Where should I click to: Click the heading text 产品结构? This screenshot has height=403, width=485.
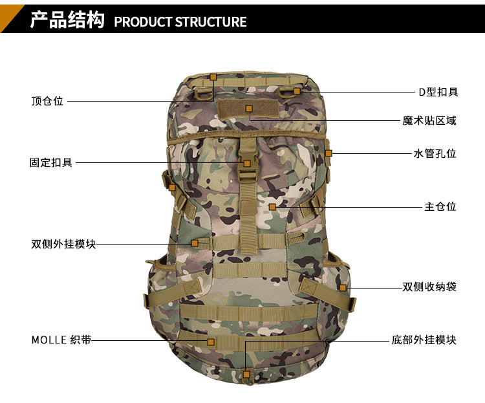pos(67,20)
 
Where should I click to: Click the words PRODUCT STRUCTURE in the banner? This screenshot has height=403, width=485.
pos(180,22)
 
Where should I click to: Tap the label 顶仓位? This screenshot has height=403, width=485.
pos(47,101)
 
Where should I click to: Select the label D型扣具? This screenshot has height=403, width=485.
pos(438,92)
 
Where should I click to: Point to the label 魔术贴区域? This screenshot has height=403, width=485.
pos(429,120)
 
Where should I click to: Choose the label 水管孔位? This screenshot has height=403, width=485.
pos(435,153)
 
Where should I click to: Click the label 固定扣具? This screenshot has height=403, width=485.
pos(51,162)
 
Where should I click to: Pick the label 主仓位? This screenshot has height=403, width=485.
pos(440,206)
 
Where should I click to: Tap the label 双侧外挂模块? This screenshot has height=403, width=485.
pos(63,244)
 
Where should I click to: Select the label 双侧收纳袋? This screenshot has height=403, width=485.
pos(429,287)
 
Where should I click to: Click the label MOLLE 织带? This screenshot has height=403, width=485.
pos(61,340)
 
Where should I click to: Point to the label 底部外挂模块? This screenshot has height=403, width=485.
pos(424,340)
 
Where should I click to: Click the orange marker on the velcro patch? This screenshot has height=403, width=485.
pos(249,109)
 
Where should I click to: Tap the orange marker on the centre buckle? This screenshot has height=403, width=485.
pos(247,164)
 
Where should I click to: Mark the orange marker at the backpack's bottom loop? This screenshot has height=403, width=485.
pos(246,375)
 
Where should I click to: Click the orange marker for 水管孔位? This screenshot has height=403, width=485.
pos(329,153)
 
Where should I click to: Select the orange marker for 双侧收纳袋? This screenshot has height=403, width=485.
pos(343,288)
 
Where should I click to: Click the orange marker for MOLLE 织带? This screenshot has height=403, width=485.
pos(211,342)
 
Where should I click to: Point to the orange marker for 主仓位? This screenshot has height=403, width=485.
pos(272,207)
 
